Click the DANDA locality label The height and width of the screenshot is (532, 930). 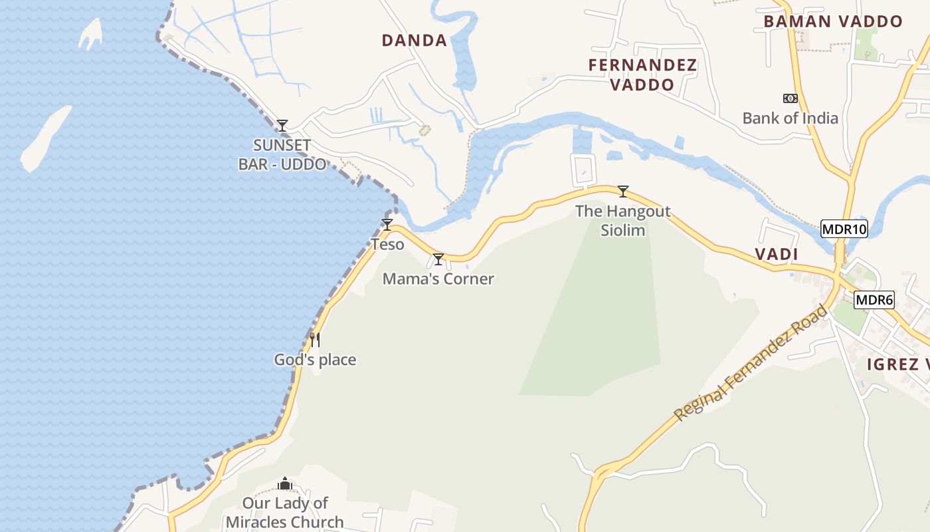coord(414,41)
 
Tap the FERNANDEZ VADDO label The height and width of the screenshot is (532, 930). coord(642,74)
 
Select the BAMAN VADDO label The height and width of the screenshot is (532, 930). coord(832,21)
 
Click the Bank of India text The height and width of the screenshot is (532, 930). coord(790,118)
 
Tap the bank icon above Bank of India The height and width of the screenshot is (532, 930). coord(790,98)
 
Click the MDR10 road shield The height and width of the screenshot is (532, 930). coord(844,229)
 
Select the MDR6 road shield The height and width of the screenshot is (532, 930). coord(874,300)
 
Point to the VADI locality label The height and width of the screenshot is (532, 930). coord(776,254)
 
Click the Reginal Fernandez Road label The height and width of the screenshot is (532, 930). coord(751,363)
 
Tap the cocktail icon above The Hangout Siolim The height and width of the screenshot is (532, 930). coord(622,192)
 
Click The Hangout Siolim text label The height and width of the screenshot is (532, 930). coord(622,221)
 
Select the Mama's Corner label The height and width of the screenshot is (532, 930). coord(438,279)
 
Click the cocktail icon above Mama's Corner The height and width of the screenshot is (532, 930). coord(438,259)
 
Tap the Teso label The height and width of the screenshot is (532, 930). coord(387,245)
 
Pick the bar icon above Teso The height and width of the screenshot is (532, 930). coord(387,225)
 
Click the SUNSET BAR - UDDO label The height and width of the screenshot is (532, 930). coord(282,154)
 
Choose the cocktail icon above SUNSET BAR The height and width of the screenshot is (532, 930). coord(282,125)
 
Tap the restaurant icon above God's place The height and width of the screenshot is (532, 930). coord(315,340)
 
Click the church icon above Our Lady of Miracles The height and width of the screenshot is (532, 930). coord(285,483)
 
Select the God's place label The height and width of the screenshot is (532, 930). coord(315,360)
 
